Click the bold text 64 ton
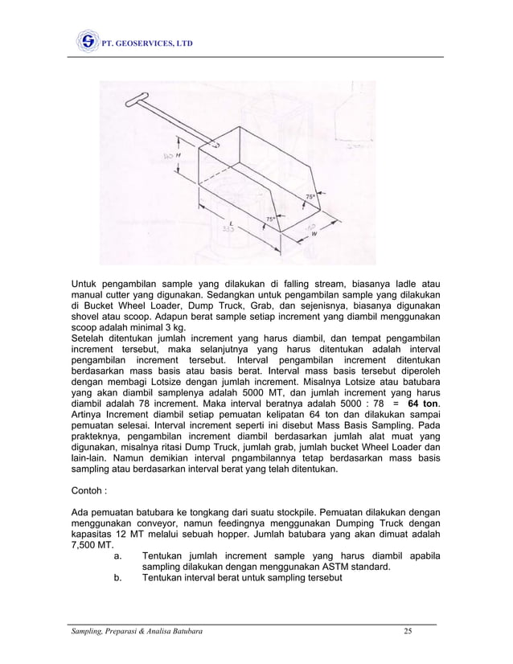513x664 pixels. (425, 402)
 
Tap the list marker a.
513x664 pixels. (118, 555)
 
